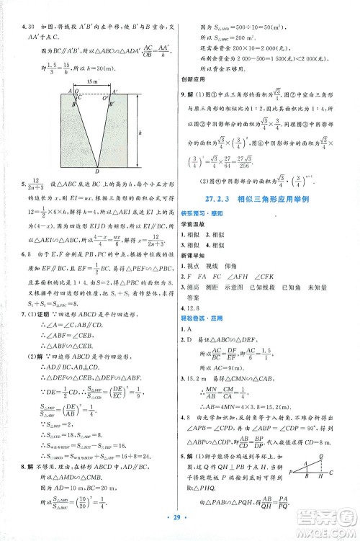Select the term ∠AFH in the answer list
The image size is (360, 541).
[x=265, y=280]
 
